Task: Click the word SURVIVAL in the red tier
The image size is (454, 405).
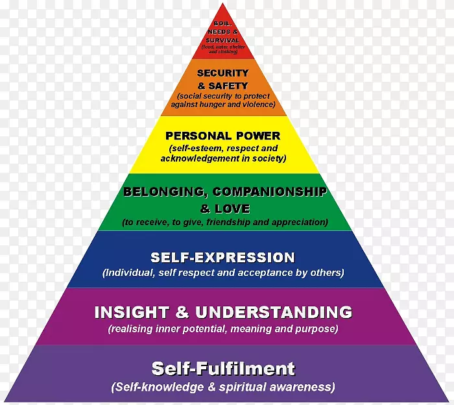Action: point(222,40)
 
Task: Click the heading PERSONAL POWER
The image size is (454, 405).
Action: point(222,136)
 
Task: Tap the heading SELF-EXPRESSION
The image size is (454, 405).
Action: point(222,258)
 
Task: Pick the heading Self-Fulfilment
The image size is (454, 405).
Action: point(222,369)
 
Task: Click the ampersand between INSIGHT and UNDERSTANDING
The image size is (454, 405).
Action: point(174,312)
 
